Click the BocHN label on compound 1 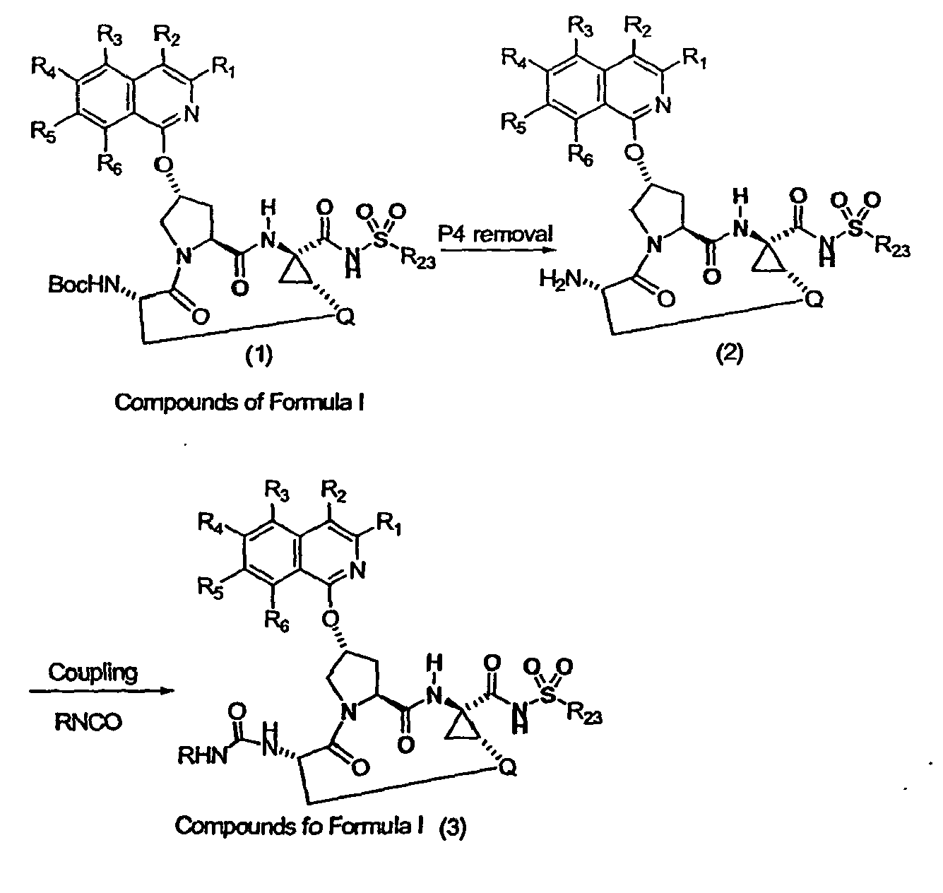pos(83,285)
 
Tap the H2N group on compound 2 pos(560,280)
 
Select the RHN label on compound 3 pos(202,755)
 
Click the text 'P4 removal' pos(495,234)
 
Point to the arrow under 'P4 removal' pos(499,249)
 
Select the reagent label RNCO pos(88,722)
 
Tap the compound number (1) pos(259,355)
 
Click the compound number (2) pos(730,354)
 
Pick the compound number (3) pos(452,828)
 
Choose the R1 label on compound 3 pos(389,524)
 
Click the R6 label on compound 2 pos(580,155)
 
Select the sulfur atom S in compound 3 pos(549,694)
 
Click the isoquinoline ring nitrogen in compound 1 pos(191,114)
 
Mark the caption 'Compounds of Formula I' pos(239,402)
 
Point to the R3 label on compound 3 pos(277,491)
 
